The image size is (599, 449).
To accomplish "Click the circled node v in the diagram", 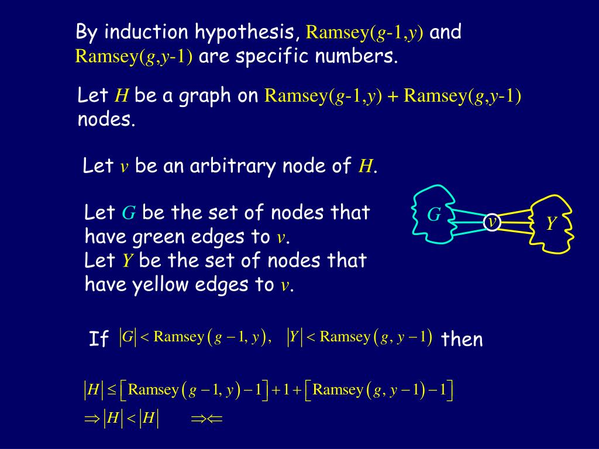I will tap(493, 222).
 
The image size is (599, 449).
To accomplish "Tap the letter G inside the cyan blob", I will tap(433, 215).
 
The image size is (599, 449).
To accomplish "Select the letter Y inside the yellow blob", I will tap(550, 223).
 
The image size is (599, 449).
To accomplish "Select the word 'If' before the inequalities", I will tap(99, 339).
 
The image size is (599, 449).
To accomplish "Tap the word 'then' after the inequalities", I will tap(462, 339).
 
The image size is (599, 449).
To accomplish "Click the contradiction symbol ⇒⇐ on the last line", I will tap(208, 419).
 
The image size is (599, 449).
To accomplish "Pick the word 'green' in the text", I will tap(154, 238).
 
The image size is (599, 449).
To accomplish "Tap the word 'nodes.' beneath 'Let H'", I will tap(106, 120).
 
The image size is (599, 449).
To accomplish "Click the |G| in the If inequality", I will tap(127, 337).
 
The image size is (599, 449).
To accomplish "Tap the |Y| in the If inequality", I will tap(294, 337).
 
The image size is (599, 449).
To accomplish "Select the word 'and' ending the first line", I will tap(446, 32).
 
